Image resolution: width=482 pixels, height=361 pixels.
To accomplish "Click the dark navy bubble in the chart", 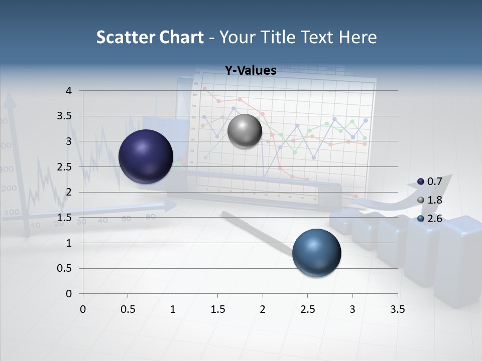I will pyautogui.click(x=146, y=156).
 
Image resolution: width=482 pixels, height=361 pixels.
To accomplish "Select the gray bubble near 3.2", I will pyautogui.click(x=245, y=131).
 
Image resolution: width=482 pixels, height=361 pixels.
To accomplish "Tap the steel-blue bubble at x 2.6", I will pyautogui.click(x=316, y=253).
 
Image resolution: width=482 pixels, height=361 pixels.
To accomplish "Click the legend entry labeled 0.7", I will pyautogui.click(x=430, y=181).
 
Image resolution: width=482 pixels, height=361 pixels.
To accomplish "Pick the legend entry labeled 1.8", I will pyautogui.click(x=430, y=200).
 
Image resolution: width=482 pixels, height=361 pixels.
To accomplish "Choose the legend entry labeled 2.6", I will pyautogui.click(x=430, y=219).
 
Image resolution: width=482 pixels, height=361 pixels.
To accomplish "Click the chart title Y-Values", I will pyautogui.click(x=250, y=71).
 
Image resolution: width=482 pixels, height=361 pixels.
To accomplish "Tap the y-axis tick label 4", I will pyautogui.click(x=69, y=91).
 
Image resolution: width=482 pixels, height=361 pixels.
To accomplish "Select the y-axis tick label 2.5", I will pyautogui.click(x=65, y=167).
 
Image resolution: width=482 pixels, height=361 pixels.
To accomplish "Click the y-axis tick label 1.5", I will pyautogui.click(x=65, y=218).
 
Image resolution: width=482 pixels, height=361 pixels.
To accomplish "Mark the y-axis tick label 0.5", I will pyautogui.click(x=65, y=268).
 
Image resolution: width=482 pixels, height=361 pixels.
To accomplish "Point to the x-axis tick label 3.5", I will pyautogui.click(x=397, y=309).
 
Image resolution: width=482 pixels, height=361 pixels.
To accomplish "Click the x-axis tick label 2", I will pyautogui.click(x=263, y=309).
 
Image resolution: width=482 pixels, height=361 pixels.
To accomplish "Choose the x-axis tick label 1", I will pyautogui.click(x=173, y=309).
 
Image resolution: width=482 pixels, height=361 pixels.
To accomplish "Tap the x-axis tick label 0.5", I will pyautogui.click(x=128, y=309).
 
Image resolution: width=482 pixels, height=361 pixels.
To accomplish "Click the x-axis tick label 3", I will pyautogui.click(x=352, y=309).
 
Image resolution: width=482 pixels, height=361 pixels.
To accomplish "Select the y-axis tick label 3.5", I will pyautogui.click(x=65, y=116).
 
